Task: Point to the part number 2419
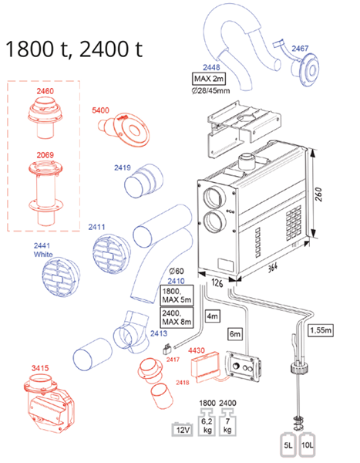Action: tap(123, 167)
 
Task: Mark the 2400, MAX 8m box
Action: tap(175, 316)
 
